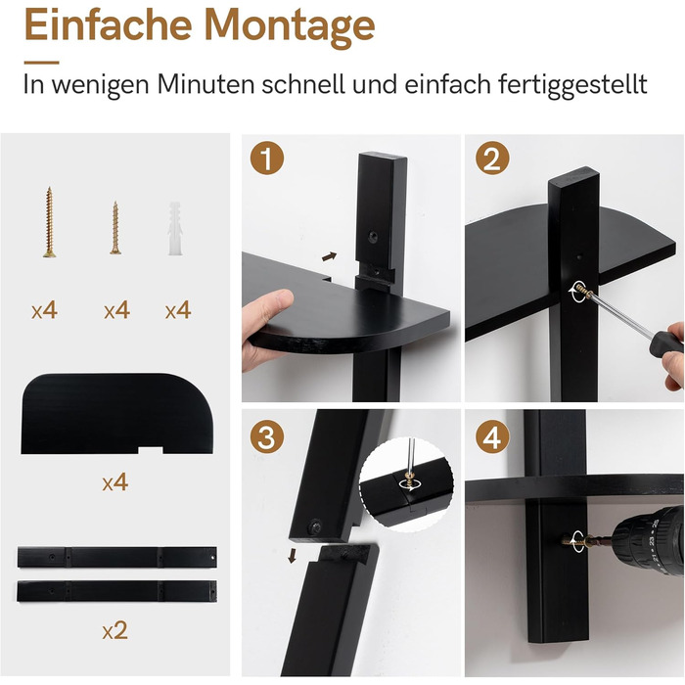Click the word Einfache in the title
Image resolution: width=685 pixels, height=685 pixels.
(x=109, y=24)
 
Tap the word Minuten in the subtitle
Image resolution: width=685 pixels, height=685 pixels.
(x=205, y=84)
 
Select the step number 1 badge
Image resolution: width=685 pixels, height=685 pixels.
(x=267, y=159)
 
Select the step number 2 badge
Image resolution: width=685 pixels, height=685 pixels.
(x=492, y=159)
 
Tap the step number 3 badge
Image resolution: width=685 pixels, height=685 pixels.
(x=267, y=436)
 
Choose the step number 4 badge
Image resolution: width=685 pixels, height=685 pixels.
(x=492, y=436)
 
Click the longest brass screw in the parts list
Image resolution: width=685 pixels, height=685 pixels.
(x=49, y=222)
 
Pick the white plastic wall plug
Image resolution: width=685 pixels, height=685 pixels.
(x=175, y=228)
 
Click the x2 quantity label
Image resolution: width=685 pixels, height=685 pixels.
(x=114, y=630)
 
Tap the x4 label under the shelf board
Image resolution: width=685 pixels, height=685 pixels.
(x=114, y=482)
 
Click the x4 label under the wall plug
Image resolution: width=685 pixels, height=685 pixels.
(x=178, y=310)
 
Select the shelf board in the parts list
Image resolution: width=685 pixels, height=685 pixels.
(x=116, y=413)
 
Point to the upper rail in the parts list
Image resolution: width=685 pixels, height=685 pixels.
(x=117, y=557)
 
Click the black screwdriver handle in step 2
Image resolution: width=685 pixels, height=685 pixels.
(x=665, y=343)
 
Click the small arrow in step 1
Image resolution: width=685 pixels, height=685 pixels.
(x=330, y=256)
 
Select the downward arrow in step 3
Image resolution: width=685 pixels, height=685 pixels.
(x=292, y=556)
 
